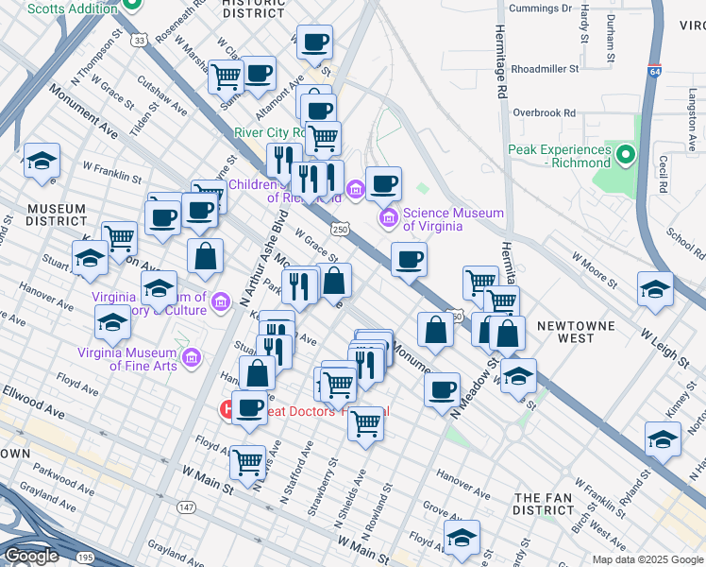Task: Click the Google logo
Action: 30,556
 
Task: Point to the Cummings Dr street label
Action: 540,9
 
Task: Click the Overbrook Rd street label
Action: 543,112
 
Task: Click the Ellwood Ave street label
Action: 33,413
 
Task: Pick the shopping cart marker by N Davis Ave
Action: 247,462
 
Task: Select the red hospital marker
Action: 227,411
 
